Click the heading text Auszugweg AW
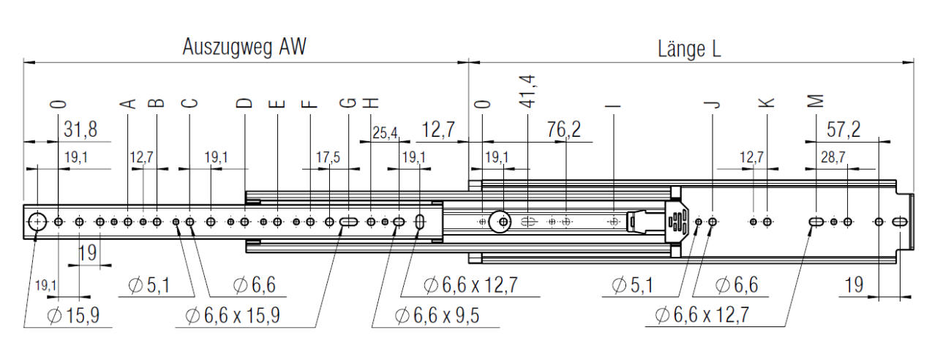coord(244,48)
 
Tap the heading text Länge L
coord(689,50)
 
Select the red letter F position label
coord(310,103)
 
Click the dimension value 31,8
coord(80,130)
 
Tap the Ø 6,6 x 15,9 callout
coord(233,316)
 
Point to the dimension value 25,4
coord(385,133)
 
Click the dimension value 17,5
coord(328,157)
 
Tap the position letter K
coord(767,102)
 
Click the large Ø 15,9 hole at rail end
coord(37,220)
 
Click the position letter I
coord(613,103)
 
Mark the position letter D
coord(244,103)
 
